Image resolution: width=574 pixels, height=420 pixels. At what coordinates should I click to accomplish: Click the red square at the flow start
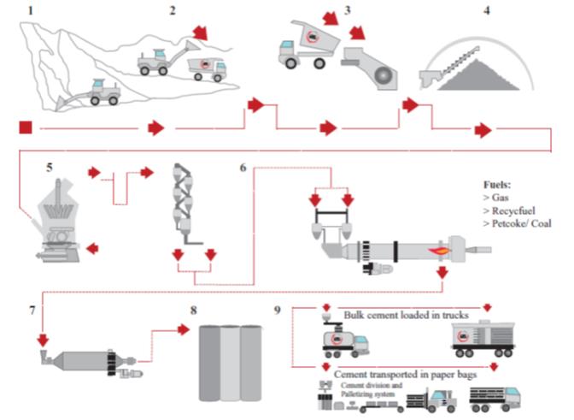tap(25, 128)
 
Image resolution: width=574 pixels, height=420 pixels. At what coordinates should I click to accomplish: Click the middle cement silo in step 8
tap(227, 364)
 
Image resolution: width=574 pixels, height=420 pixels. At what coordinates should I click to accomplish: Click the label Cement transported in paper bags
tap(407, 373)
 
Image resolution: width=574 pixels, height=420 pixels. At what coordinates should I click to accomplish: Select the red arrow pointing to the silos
tap(181, 328)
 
